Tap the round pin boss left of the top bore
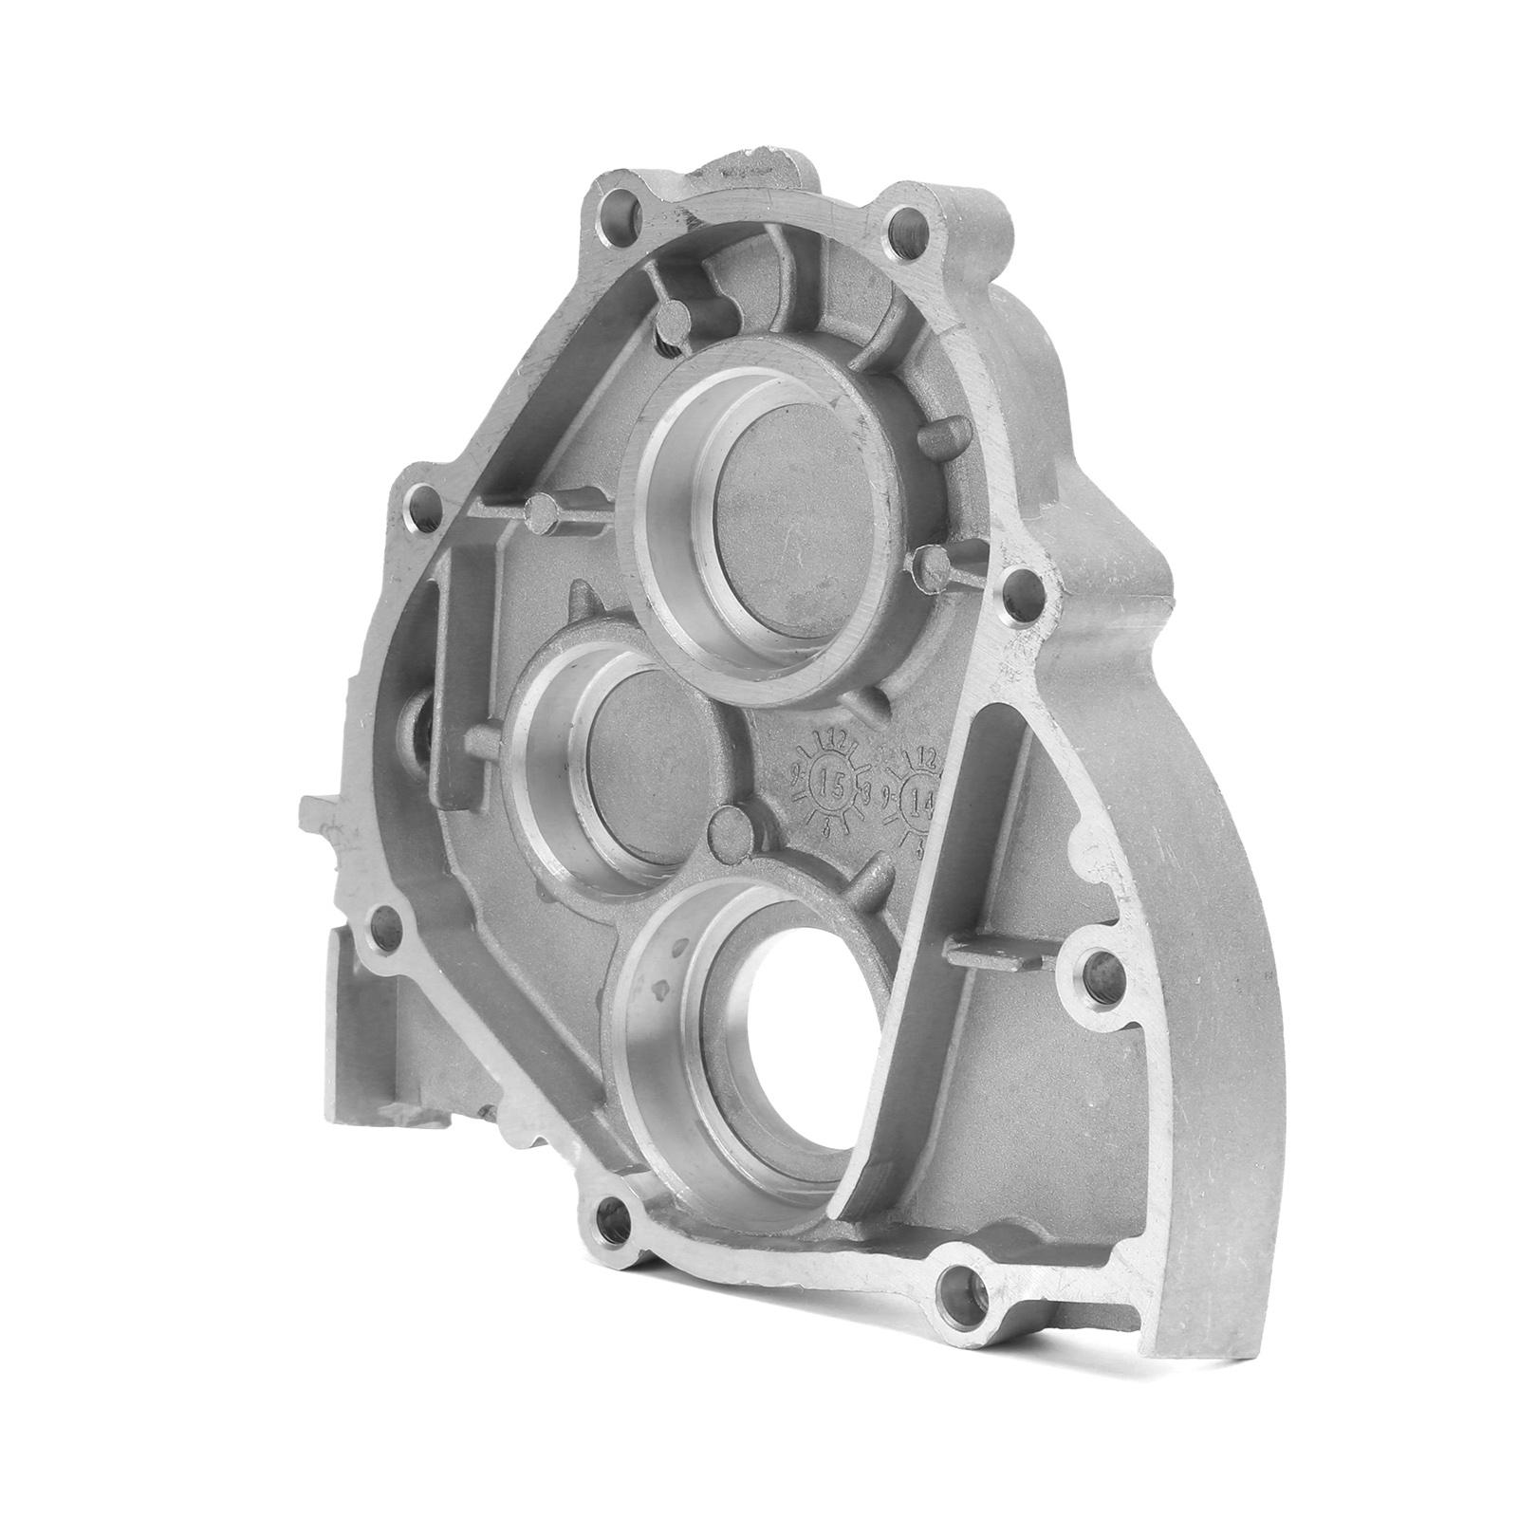pos(542,514)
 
